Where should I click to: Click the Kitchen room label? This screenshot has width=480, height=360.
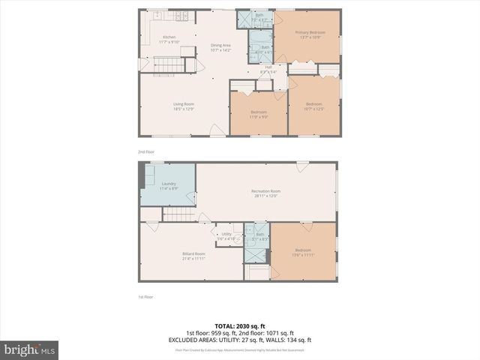169,39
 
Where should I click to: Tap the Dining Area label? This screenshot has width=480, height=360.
220,47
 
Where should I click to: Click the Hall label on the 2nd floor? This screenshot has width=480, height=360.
268,69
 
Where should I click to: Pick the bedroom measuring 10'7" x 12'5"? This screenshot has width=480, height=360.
313,106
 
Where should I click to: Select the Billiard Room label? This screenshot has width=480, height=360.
193,256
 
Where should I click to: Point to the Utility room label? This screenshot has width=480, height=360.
227,235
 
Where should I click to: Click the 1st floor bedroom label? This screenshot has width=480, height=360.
302,251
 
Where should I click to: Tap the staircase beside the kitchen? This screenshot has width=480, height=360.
169,64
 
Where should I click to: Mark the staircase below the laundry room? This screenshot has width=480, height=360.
179,215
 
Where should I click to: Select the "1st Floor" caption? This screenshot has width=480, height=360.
145,297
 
